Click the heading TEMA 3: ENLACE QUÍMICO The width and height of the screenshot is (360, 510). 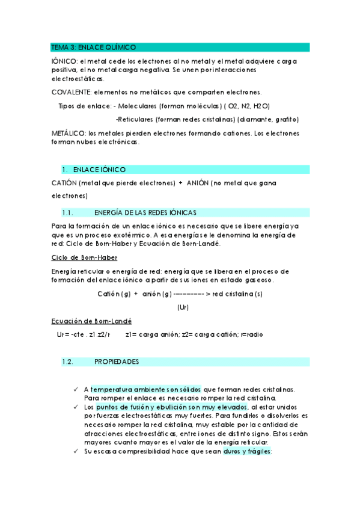93,47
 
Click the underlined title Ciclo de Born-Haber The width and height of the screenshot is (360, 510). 84,257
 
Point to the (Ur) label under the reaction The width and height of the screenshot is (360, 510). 183,307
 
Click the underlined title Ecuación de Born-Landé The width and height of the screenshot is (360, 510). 92,321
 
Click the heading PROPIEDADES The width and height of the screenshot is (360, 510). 117,362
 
